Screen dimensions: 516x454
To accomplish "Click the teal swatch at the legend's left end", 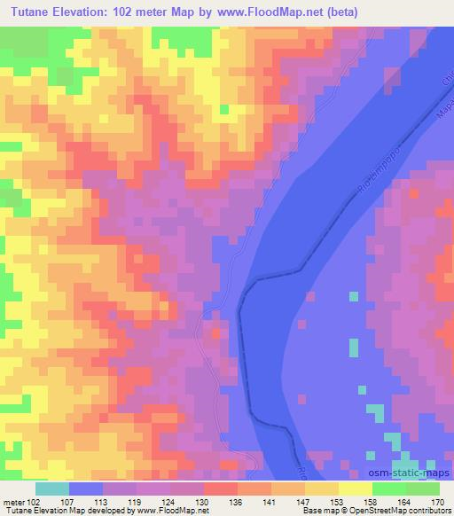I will click(51, 489).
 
